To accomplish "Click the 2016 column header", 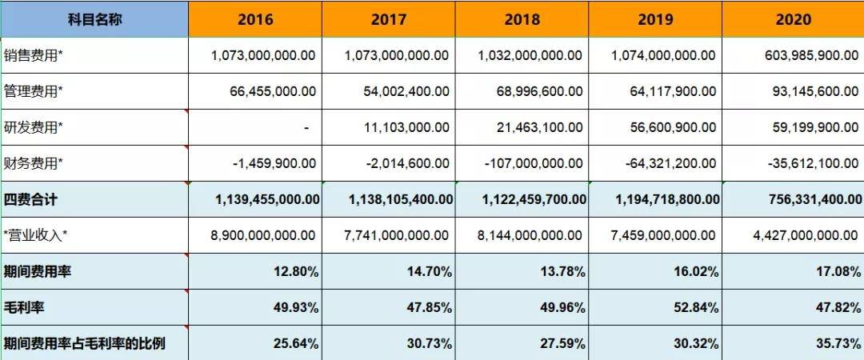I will tap(254, 19).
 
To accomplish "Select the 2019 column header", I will tap(655, 19).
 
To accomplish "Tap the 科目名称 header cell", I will tap(94, 19).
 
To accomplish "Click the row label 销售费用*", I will tap(34, 56).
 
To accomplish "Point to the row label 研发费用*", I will tap(34, 128).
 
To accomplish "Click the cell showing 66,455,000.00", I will tap(263, 91).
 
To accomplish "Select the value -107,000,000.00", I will tap(534, 163).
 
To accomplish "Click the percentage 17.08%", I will tap(834, 272).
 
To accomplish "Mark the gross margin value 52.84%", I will tap(700, 307).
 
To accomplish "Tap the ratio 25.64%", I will tap(299, 344).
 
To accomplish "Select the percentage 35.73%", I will tap(834, 344).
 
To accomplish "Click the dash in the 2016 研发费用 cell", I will tap(306, 128).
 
